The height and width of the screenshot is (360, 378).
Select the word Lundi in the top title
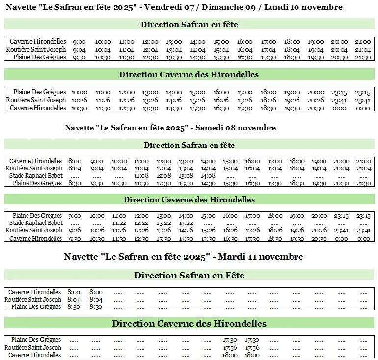307,7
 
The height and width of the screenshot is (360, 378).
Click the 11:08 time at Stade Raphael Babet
141,176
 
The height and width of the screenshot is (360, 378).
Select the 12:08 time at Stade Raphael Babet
164,176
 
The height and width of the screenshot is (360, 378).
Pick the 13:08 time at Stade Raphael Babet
186,176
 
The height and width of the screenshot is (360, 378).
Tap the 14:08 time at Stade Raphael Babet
208,176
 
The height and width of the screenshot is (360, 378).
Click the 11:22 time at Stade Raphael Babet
119,223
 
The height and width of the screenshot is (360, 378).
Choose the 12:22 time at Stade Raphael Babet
141,223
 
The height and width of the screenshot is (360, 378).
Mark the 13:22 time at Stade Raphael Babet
164,223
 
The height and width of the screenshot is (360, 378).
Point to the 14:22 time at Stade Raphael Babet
186,223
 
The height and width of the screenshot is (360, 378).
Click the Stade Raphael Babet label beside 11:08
36,176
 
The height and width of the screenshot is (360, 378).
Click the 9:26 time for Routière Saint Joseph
75,230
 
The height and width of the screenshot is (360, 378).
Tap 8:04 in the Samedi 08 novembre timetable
75,168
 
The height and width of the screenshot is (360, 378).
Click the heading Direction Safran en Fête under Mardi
189,276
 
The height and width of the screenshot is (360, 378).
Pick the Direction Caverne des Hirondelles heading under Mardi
189,324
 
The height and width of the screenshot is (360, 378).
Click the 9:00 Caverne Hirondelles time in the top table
79,42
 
